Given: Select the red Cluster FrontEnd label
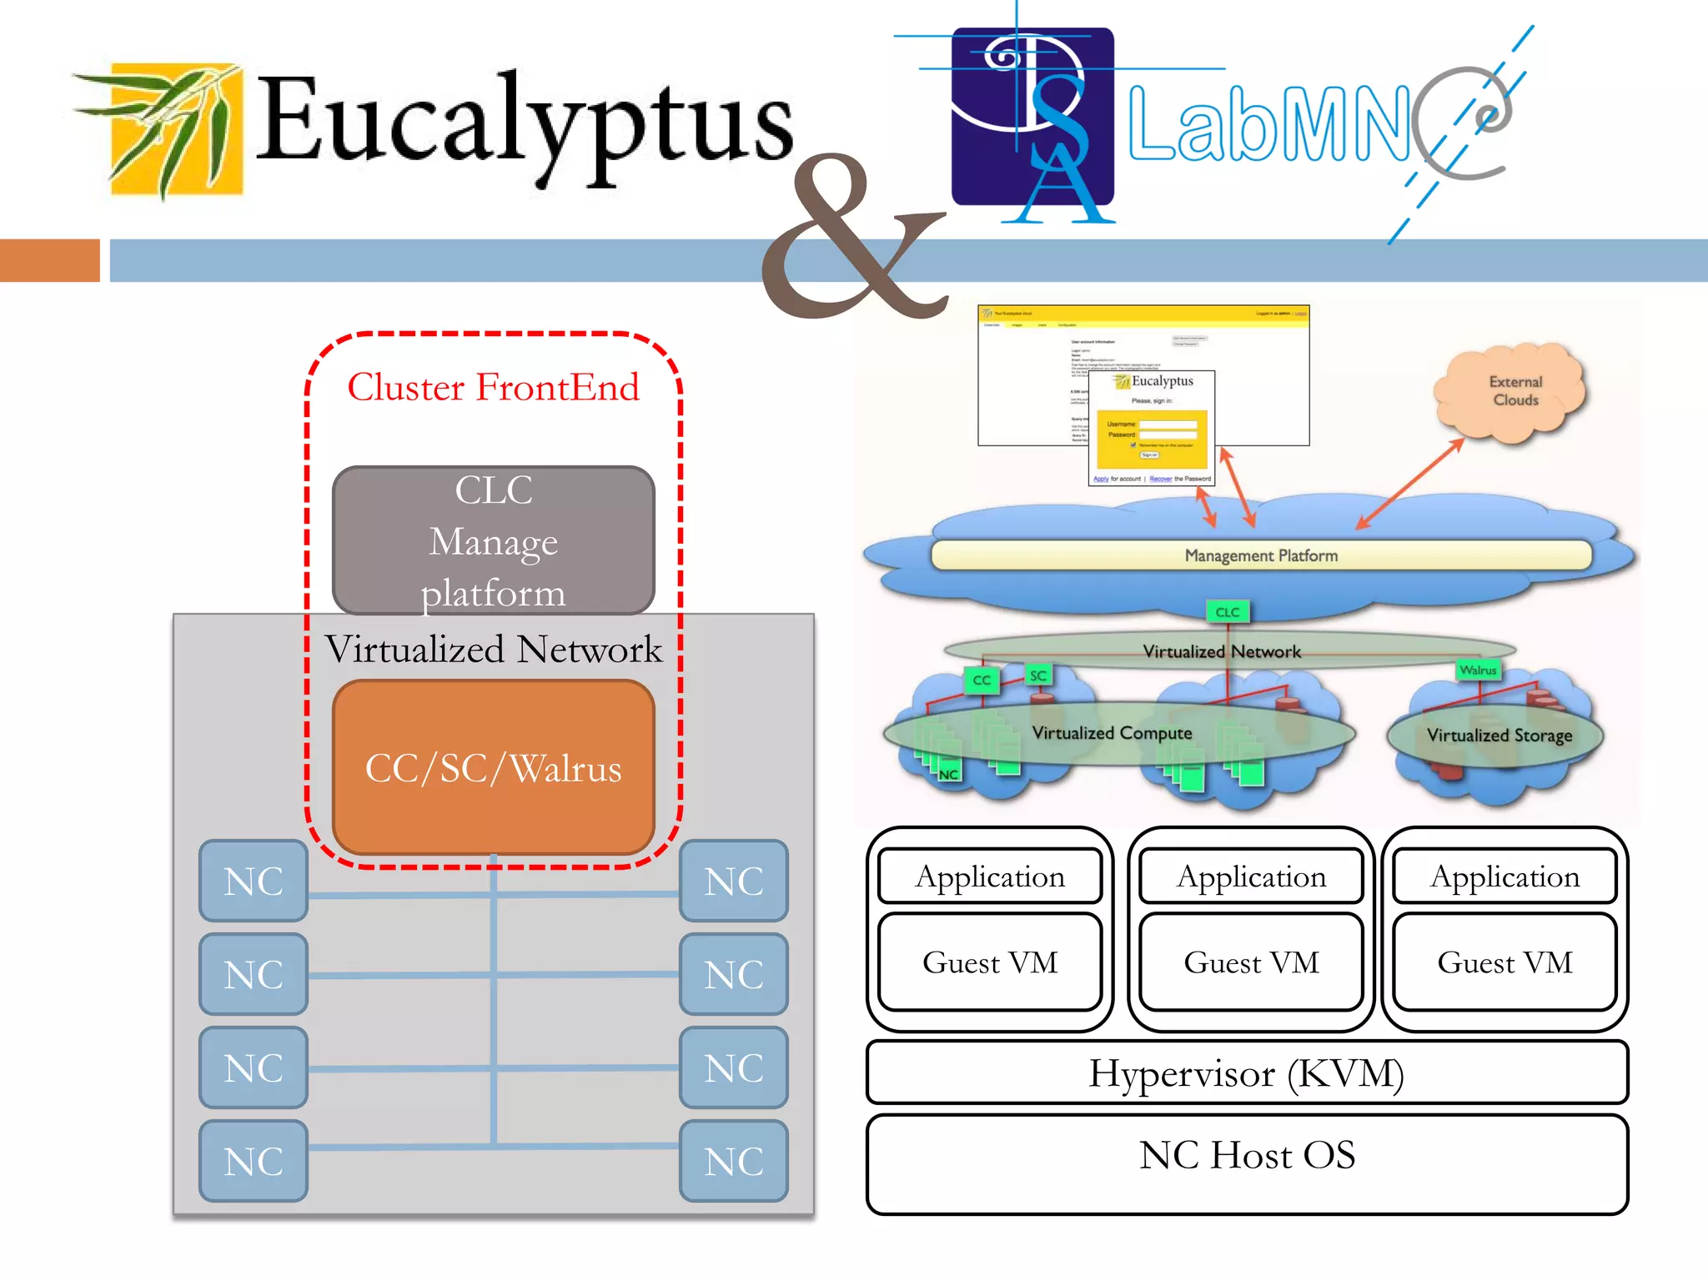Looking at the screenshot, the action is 493,387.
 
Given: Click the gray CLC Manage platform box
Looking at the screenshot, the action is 493,540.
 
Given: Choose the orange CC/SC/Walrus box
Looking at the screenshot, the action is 493,767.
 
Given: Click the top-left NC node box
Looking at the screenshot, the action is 254,881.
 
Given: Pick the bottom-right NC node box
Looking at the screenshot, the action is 734,1161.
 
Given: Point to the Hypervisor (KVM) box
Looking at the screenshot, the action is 1247,1073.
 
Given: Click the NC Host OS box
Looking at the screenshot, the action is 1247,1163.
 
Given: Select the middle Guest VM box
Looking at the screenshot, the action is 1251,962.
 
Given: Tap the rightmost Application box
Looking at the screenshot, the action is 1505,876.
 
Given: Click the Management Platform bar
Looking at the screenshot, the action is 1260,555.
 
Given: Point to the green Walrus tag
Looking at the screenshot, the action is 1478,670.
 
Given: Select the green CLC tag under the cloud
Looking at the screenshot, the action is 1227,611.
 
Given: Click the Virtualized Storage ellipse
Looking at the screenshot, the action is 1497,735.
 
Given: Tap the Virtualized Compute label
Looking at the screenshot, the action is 1112,732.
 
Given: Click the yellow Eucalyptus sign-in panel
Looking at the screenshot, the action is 1152,437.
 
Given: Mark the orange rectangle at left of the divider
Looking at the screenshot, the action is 50,260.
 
